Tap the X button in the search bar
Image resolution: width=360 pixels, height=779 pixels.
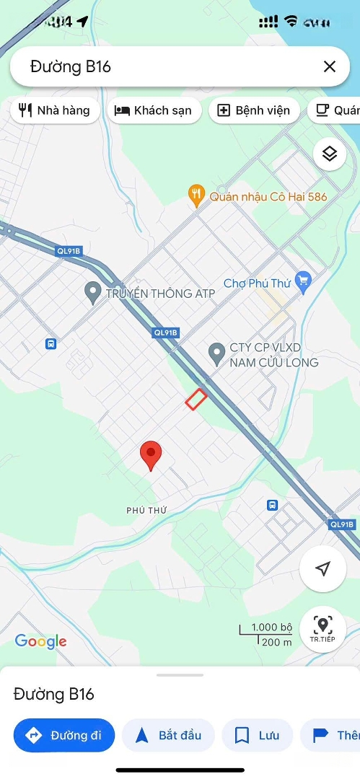(x=330, y=67)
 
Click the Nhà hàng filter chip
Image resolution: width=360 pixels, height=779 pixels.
(x=55, y=110)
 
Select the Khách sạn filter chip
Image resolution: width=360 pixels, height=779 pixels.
(x=154, y=110)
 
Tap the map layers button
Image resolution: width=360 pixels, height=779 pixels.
(x=330, y=154)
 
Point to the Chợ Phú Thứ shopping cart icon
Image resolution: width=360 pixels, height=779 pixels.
(x=303, y=283)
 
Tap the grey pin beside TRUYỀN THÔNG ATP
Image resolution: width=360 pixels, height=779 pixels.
(x=92, y=292)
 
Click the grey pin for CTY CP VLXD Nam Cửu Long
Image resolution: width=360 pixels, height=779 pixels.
(x=216, y=353)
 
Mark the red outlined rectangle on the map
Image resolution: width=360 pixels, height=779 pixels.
(x=196, y=398)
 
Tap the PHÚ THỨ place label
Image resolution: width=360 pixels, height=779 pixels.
(x=146, y=510)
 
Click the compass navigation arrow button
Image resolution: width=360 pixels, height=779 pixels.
(x=322, y=569)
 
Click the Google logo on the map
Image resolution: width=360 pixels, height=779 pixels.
(x=40, y=641)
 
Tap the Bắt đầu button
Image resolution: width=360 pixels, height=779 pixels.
(x=168, y=735)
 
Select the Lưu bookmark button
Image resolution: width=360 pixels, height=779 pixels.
(x=257, y=735)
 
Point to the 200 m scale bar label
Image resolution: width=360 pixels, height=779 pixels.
(x=277, y=643)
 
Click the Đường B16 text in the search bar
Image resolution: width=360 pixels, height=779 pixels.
(x=71, y=67)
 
